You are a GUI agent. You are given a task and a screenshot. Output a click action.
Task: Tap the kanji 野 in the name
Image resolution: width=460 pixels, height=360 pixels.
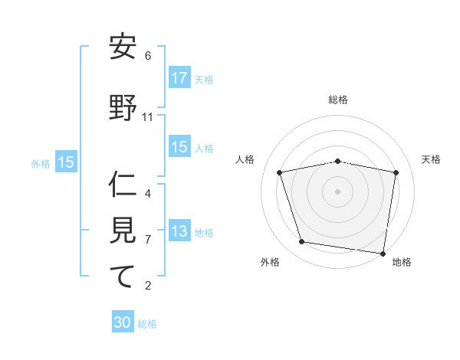123,109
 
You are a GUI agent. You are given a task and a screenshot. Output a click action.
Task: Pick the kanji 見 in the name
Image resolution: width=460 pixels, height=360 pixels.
123,231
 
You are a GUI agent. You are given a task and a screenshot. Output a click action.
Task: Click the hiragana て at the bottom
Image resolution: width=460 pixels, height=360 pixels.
123,277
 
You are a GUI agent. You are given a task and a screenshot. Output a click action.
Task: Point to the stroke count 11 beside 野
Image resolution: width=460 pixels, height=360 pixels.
148,117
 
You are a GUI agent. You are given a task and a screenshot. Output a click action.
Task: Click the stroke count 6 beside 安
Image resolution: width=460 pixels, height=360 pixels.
148,56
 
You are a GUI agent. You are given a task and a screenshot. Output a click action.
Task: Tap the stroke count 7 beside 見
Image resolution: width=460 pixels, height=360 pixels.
148,239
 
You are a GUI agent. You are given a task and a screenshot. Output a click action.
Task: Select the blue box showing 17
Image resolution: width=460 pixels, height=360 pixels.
179,78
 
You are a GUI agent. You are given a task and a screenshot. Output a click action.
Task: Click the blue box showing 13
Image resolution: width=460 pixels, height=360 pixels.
179,232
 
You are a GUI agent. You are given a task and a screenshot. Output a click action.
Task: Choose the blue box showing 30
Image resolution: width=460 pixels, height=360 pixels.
123,322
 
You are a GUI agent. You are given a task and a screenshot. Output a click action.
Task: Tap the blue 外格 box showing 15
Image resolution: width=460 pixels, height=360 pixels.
66,162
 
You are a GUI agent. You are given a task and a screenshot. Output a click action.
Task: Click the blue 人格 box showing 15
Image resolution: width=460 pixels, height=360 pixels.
179,147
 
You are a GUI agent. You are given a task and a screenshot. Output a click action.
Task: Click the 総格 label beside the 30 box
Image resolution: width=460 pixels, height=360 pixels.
147,324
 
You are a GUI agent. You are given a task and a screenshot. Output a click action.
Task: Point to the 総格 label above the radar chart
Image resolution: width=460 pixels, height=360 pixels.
338,100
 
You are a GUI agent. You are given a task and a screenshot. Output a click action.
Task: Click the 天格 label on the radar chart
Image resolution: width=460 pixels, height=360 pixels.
431,159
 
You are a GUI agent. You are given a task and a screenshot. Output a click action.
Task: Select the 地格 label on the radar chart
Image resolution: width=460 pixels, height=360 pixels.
402,262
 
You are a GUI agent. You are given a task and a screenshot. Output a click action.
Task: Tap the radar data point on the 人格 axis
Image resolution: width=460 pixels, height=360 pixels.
280,172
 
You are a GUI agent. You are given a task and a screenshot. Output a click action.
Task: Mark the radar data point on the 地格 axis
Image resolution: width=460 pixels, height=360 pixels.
383,253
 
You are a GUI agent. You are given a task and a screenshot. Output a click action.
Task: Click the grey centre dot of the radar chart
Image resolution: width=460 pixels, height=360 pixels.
338,191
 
